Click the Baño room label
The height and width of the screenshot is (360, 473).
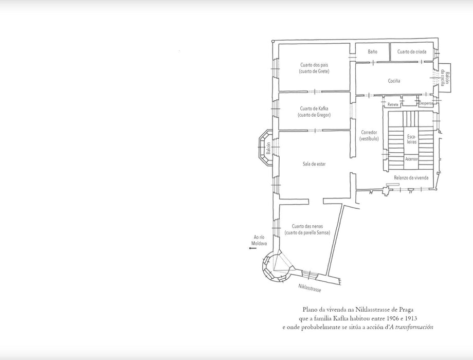[372, 51]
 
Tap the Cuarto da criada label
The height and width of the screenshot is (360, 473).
[412, 51]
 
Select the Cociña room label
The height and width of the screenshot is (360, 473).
[394, 81]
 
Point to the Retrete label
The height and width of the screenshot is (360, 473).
[393, 104]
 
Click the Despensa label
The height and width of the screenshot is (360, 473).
[426, 103]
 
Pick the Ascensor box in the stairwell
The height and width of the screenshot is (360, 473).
[411, 159]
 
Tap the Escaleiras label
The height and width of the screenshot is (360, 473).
[412, 139]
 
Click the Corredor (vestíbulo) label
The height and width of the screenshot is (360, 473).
[369, 135]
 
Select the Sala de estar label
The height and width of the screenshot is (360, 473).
[314, 164]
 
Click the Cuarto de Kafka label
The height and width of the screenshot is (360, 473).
[314, 112]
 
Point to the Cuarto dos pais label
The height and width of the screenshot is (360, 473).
[314, 68]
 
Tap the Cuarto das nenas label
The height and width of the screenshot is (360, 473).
[307, 229]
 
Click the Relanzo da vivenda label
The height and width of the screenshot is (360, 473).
[411, 178]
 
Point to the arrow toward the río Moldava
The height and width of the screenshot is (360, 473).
[252, 248]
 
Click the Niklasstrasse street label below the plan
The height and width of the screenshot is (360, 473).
[310, 288]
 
